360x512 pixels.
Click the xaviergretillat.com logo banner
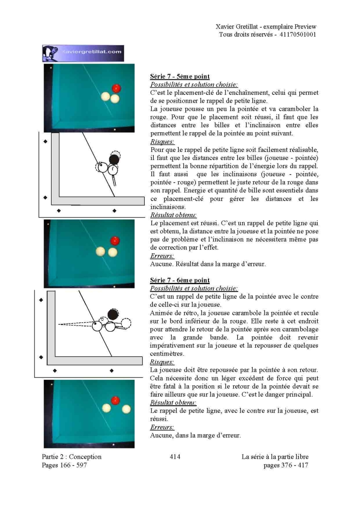pos(83,53)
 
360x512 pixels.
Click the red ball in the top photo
pos(117,88)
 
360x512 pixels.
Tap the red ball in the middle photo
pos(115,241)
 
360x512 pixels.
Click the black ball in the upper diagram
pos(114,159)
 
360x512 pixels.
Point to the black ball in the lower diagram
pos(113,314)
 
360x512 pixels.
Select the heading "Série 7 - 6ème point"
pos(180,280)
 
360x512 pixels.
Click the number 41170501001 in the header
pos(298,35)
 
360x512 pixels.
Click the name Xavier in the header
pos(225,26)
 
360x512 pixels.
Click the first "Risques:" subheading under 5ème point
pos(162,142)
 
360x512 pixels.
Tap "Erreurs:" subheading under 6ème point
pos(162,427)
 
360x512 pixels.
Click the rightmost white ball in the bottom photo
pos(126,409)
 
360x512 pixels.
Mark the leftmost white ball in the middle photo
pos(100,252)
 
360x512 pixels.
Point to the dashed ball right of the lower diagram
pos(126,323)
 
